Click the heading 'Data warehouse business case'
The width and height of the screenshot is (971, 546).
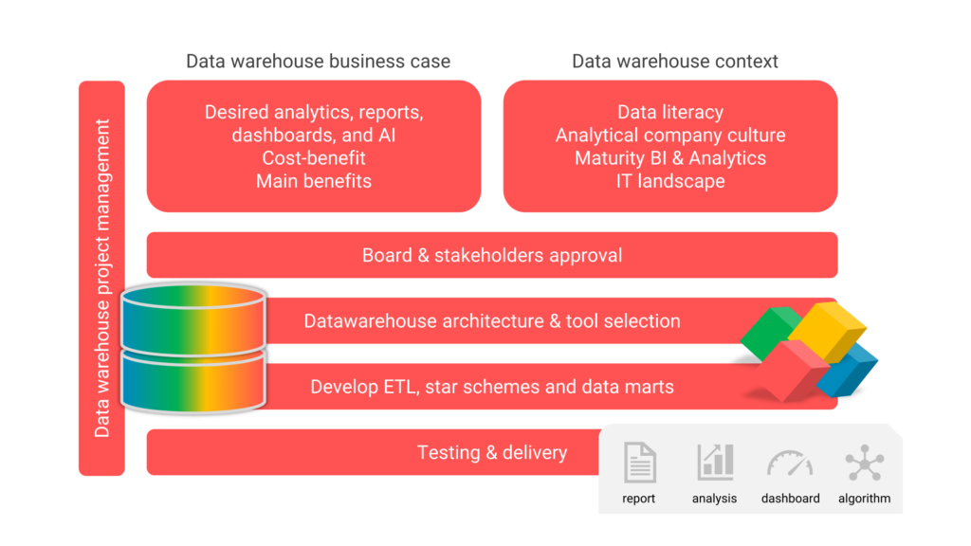coord(318,62)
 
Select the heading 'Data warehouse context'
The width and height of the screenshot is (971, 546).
coord(674,62)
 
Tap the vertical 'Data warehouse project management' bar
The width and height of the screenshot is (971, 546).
coord(101,278)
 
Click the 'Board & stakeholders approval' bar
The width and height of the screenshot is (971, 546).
coord(492,255)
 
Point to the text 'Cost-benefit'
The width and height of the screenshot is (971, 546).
coord(314,158)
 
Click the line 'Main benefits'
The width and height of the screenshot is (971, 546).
coord(314,181)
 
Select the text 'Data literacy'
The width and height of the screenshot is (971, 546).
coord(670,113)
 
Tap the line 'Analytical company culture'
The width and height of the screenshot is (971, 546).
coord(670,136)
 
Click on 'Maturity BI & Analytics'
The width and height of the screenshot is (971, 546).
coord(670,158)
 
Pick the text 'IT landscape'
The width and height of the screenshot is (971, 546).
coord(670,181)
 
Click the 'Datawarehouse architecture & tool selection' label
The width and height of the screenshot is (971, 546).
coord(492,321)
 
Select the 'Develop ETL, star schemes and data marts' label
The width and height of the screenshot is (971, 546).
coord(492,387)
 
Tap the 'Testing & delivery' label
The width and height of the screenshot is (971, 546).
coord(492,452)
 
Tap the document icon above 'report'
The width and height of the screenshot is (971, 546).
coord(639,463)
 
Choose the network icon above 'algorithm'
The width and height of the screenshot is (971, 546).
coord(864,463)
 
